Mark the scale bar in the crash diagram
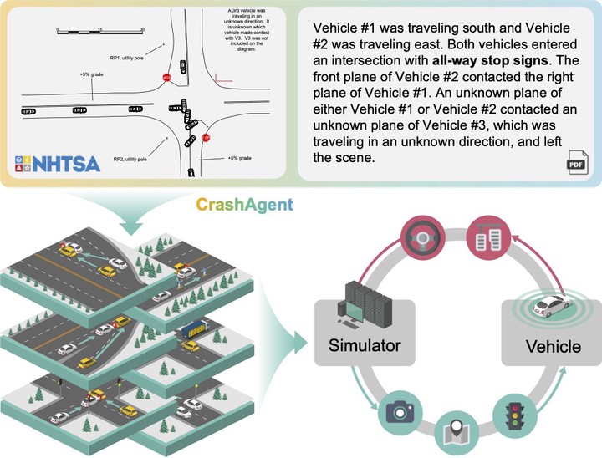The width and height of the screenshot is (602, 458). point(100,32)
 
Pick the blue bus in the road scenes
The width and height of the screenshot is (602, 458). point(191,331)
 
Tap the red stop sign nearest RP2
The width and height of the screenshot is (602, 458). point(205,137)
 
